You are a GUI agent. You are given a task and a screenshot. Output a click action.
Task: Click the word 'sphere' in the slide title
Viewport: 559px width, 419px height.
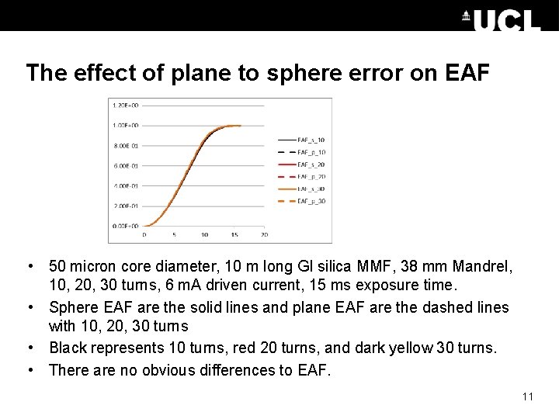tap(285, 73)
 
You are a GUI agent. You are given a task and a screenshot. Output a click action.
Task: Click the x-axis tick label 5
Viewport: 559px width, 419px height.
tap(174, 234)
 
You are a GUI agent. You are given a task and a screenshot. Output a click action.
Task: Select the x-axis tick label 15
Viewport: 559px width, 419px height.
tap(234, 234)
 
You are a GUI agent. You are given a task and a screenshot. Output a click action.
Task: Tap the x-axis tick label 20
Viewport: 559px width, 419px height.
tap(264, 234)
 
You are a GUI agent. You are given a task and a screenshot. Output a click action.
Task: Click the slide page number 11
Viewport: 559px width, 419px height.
tap(528, 397)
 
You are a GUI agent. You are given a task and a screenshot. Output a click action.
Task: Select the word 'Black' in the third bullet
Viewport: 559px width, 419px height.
tap(69, 348)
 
